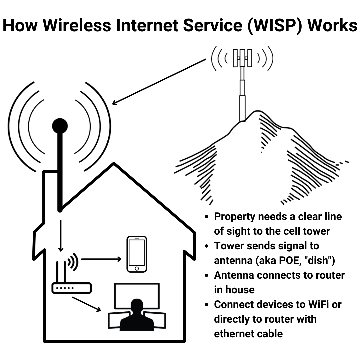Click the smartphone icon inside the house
click(137, 254)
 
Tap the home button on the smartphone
click(137, 268)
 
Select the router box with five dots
click(71, 288)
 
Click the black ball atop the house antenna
click(60, 126)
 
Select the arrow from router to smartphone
click(101, 259)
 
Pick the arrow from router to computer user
click(86, 304)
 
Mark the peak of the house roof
click(114, 164)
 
